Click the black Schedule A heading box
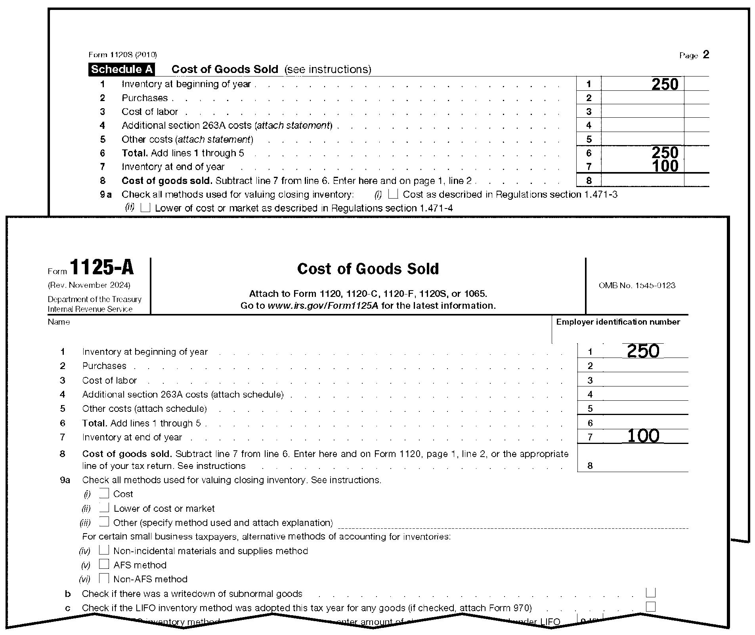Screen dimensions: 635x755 pyautogui.click(x=122, y=69)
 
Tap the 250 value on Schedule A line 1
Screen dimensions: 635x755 pyautogui.click(x=665, y=84)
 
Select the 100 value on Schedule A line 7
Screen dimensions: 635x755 pyautogui.click(x=665, y=166)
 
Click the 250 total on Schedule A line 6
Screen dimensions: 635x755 pyautogui.click(x=665, y=153)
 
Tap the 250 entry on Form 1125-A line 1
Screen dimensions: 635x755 pyautogui.click(x=643, y=351)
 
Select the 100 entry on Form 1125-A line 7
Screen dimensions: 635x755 pyautogui.click(x=643, y=436)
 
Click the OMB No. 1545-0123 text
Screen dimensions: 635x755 pyautogui.click(x=637, y=285)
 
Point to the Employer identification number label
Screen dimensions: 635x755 pyautogui.click(x=618, y=322)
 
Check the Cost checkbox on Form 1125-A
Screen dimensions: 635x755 pyautogui.click(x=104, y=493)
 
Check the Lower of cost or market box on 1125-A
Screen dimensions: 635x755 pyautogui.click(x=104, y=508)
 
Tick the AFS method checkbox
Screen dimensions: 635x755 pyautogui.click(x=104, y=564)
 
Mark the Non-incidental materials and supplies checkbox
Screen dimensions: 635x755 pyautogui.click(x=104, y=550)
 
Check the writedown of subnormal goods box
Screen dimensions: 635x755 pyautogui.click(x=650, y=593)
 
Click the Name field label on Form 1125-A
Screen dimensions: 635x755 pyautogui.click(x=59, y=322)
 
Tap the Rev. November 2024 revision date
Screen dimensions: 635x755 pyautogui.click(x=89, y=285)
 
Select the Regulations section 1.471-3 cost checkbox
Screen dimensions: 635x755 pyautogui.click(x=393, y=194)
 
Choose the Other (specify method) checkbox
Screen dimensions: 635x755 pyautogui.click(x=104, y=522)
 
